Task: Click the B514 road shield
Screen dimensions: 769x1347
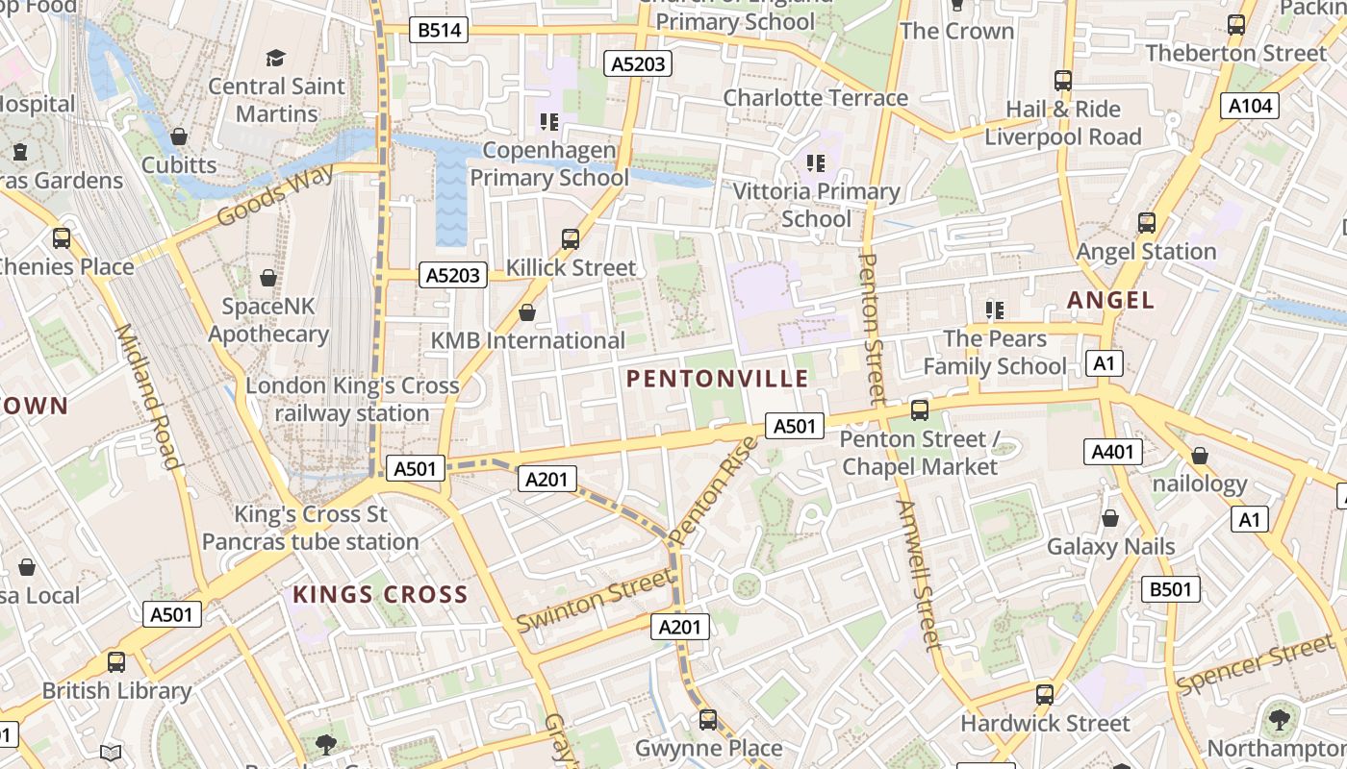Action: click(x=440, y=30)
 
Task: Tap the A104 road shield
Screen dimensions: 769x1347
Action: click(x=1250, y=106)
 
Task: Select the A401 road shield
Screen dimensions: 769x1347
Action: click(x=1113, y=452)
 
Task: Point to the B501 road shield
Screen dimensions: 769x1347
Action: click(x=1171, y=589)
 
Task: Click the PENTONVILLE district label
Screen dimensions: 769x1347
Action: click(x=718, y=379)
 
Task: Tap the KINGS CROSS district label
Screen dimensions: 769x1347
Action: click(x=380, y=595)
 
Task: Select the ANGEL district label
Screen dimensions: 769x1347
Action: click(x=1110, y=300)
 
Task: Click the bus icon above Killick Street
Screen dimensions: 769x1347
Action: click(x=571, y=238)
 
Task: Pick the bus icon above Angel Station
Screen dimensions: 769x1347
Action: click(x=1146, y=223)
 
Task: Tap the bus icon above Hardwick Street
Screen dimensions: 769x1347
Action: click(x=1045, y=694)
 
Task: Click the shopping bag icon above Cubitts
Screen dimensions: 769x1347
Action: click(x=178, y=137)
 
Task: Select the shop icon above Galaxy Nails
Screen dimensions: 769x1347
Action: click(x=1110, y=518)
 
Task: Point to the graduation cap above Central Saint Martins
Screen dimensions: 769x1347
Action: click(x=276, y=59)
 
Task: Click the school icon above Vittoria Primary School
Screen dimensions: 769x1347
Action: click(x=816, y=163)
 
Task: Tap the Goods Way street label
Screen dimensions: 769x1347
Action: click(x=275, y=195)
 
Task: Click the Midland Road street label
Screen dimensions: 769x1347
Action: click(x=148, y=396)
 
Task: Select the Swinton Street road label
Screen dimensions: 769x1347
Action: click(x=595, y=600)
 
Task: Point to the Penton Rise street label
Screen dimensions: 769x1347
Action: click(x=713, y=491)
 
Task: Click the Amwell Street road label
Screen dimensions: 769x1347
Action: click(x=918, y=575)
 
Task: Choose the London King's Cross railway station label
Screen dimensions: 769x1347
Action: click(x=352, y=399)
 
